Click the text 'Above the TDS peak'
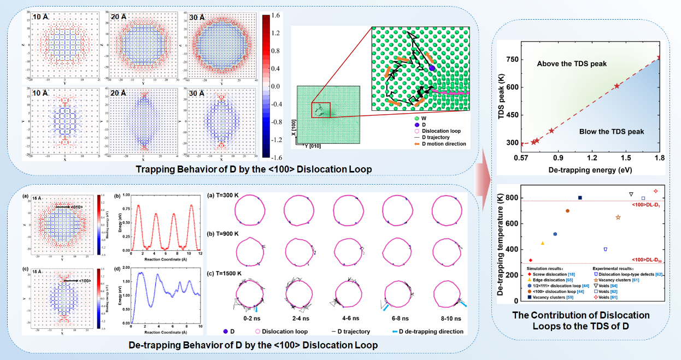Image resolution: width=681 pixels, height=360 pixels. click(x=572, y=64)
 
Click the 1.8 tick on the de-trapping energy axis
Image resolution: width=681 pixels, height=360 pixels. click(x=660, y=158)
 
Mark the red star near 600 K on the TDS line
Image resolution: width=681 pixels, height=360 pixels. click(x=617, y=86)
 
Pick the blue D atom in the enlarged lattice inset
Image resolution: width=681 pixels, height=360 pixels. click(x=431, y=68)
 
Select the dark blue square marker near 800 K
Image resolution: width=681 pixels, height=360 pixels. click(x=580, y=198)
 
